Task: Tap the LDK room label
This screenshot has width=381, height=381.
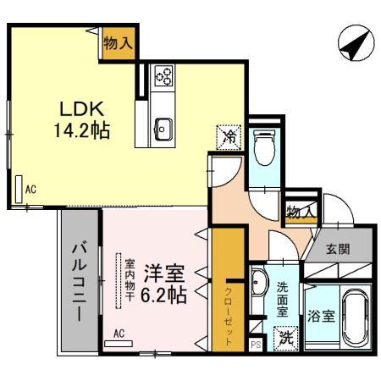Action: coord(80,109)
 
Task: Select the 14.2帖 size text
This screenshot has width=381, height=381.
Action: coord(81,131)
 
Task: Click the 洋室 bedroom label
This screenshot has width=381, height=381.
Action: coord(163,273)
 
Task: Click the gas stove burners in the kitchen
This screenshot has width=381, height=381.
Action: coord(163,78)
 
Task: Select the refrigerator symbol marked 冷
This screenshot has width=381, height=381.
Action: coord(228,135)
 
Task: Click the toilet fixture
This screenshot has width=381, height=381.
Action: coord(263,148)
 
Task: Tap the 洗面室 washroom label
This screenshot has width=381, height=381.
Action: coord(282,297)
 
